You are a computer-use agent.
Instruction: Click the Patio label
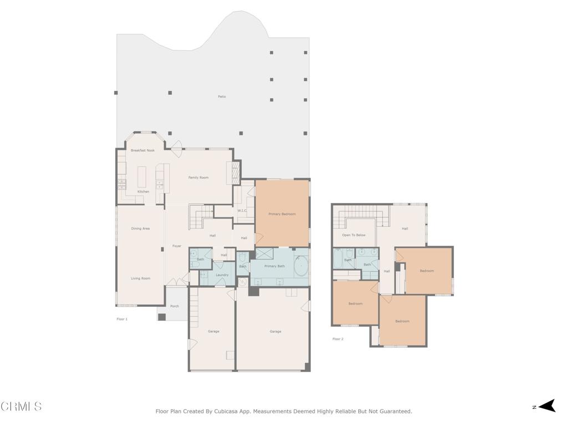[x=222, y=97]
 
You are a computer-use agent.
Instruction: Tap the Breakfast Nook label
[x=143, y=150]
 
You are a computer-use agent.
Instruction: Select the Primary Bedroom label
[x=282, y=214]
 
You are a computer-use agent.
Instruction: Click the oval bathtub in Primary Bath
[x=301, y=266]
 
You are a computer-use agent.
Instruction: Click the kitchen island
[x=141, y=176]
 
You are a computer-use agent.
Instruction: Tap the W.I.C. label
[x=242, y=210]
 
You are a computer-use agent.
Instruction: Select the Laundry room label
[x=222, y=275]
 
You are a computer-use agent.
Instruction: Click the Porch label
[x=175, y=306]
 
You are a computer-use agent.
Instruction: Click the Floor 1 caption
[x=122, y=319]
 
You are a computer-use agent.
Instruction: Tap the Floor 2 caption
[x=338, y=339]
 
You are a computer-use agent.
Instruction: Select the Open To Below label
[x=354, y=235]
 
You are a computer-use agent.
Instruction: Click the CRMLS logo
[x=21, y=407]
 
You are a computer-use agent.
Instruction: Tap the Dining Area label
[x=140, y=229]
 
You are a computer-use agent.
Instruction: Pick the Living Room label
[x=140, y=278]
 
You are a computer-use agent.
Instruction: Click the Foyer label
[x=177, y=246]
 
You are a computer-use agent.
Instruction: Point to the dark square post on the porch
[x=162, y=317]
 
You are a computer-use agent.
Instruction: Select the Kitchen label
[x=144, y=191]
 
